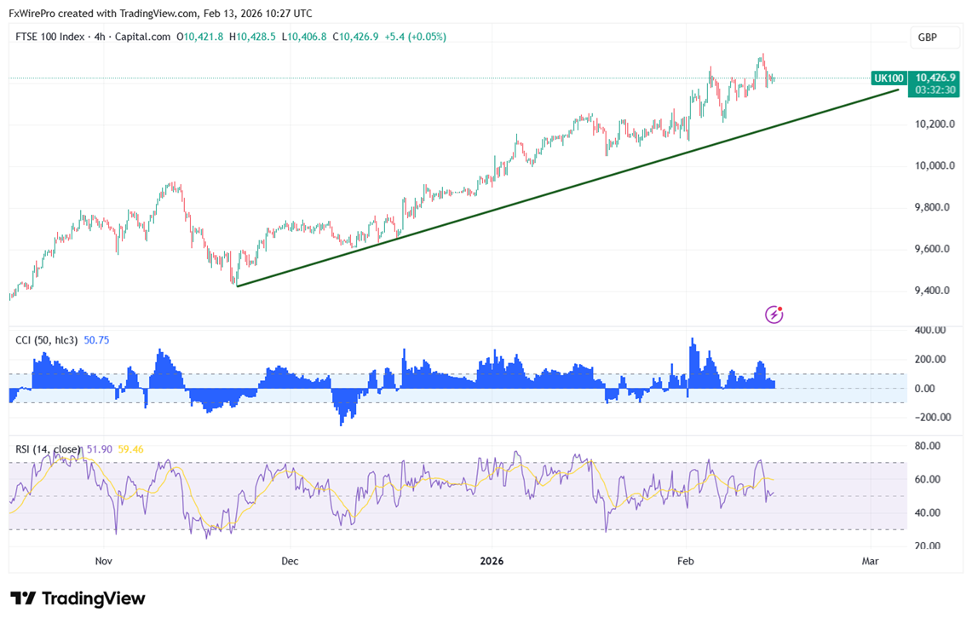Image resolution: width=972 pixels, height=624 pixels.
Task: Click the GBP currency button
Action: pos(927,38)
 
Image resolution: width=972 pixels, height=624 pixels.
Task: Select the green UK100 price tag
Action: pos(889,78)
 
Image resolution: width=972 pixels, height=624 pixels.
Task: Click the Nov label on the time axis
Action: pos(104,561)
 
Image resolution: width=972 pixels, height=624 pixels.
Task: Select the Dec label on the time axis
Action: pos(290,561)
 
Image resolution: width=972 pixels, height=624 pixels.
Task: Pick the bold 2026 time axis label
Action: pos(492,561)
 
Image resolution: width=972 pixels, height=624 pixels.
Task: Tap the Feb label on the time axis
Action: pos(685,561)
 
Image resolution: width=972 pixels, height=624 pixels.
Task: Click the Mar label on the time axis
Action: pos(870,561)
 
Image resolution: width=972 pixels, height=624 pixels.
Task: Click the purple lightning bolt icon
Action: pos(774,315)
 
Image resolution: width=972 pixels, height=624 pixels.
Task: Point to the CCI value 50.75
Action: pos(96,340)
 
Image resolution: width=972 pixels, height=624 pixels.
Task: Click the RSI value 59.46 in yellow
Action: pos(130,449)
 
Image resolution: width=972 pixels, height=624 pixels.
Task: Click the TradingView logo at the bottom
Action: pos(78,598)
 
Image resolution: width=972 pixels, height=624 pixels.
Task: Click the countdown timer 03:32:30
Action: pos(935,90)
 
